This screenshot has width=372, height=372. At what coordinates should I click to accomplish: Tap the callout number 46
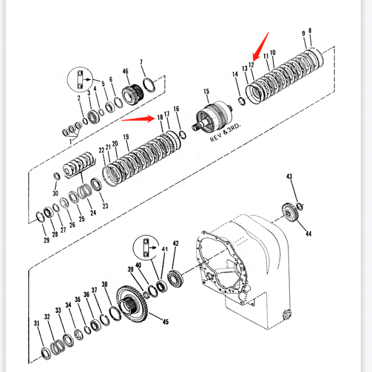tap(125, 71)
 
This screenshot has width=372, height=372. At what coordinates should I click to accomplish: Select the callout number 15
tap(206, 92)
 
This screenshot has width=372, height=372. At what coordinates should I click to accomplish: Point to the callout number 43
tap(289, 176)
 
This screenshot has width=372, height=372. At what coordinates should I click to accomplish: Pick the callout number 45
tap(165, 322)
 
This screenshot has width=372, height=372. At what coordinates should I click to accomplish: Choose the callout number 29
tap(46, 241)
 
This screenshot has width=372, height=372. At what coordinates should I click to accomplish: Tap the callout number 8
tap(310, 31)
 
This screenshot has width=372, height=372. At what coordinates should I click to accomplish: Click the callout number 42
tap(176, 243)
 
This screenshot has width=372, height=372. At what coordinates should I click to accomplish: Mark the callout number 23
tap(105, 206)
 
